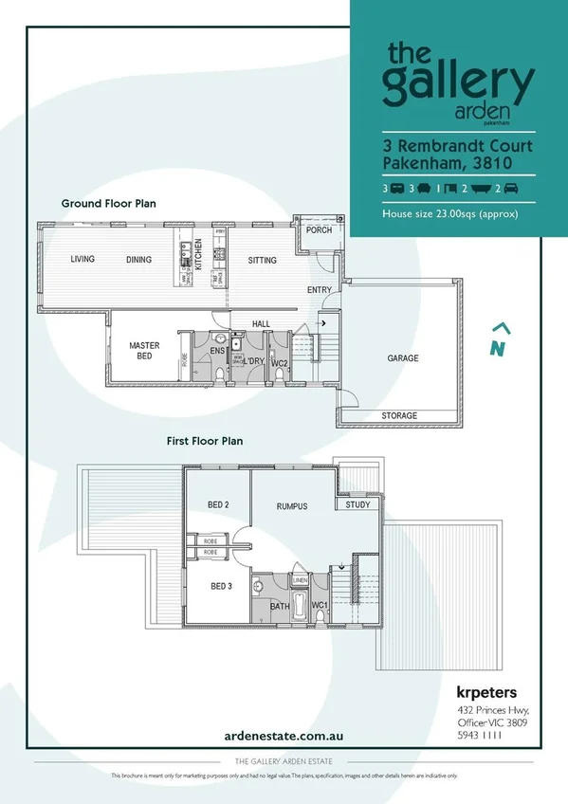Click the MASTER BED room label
click(x=144, y=352)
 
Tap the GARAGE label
click(x=402, y=358)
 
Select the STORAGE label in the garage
click(x=399, y=416)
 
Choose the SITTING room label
click(x=263, y=259)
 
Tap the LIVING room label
click(x=82, y=259)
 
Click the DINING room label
click(x=139, y=259)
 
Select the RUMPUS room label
click(x=292, y=506)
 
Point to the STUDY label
click(x=357, y=505)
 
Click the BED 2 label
click(x=218, y=505)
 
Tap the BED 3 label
click(x=221, y=586)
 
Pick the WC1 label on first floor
click(x=319, y=605)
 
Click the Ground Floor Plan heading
click(x=108, y=203)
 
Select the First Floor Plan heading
click(x=205, y=440)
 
